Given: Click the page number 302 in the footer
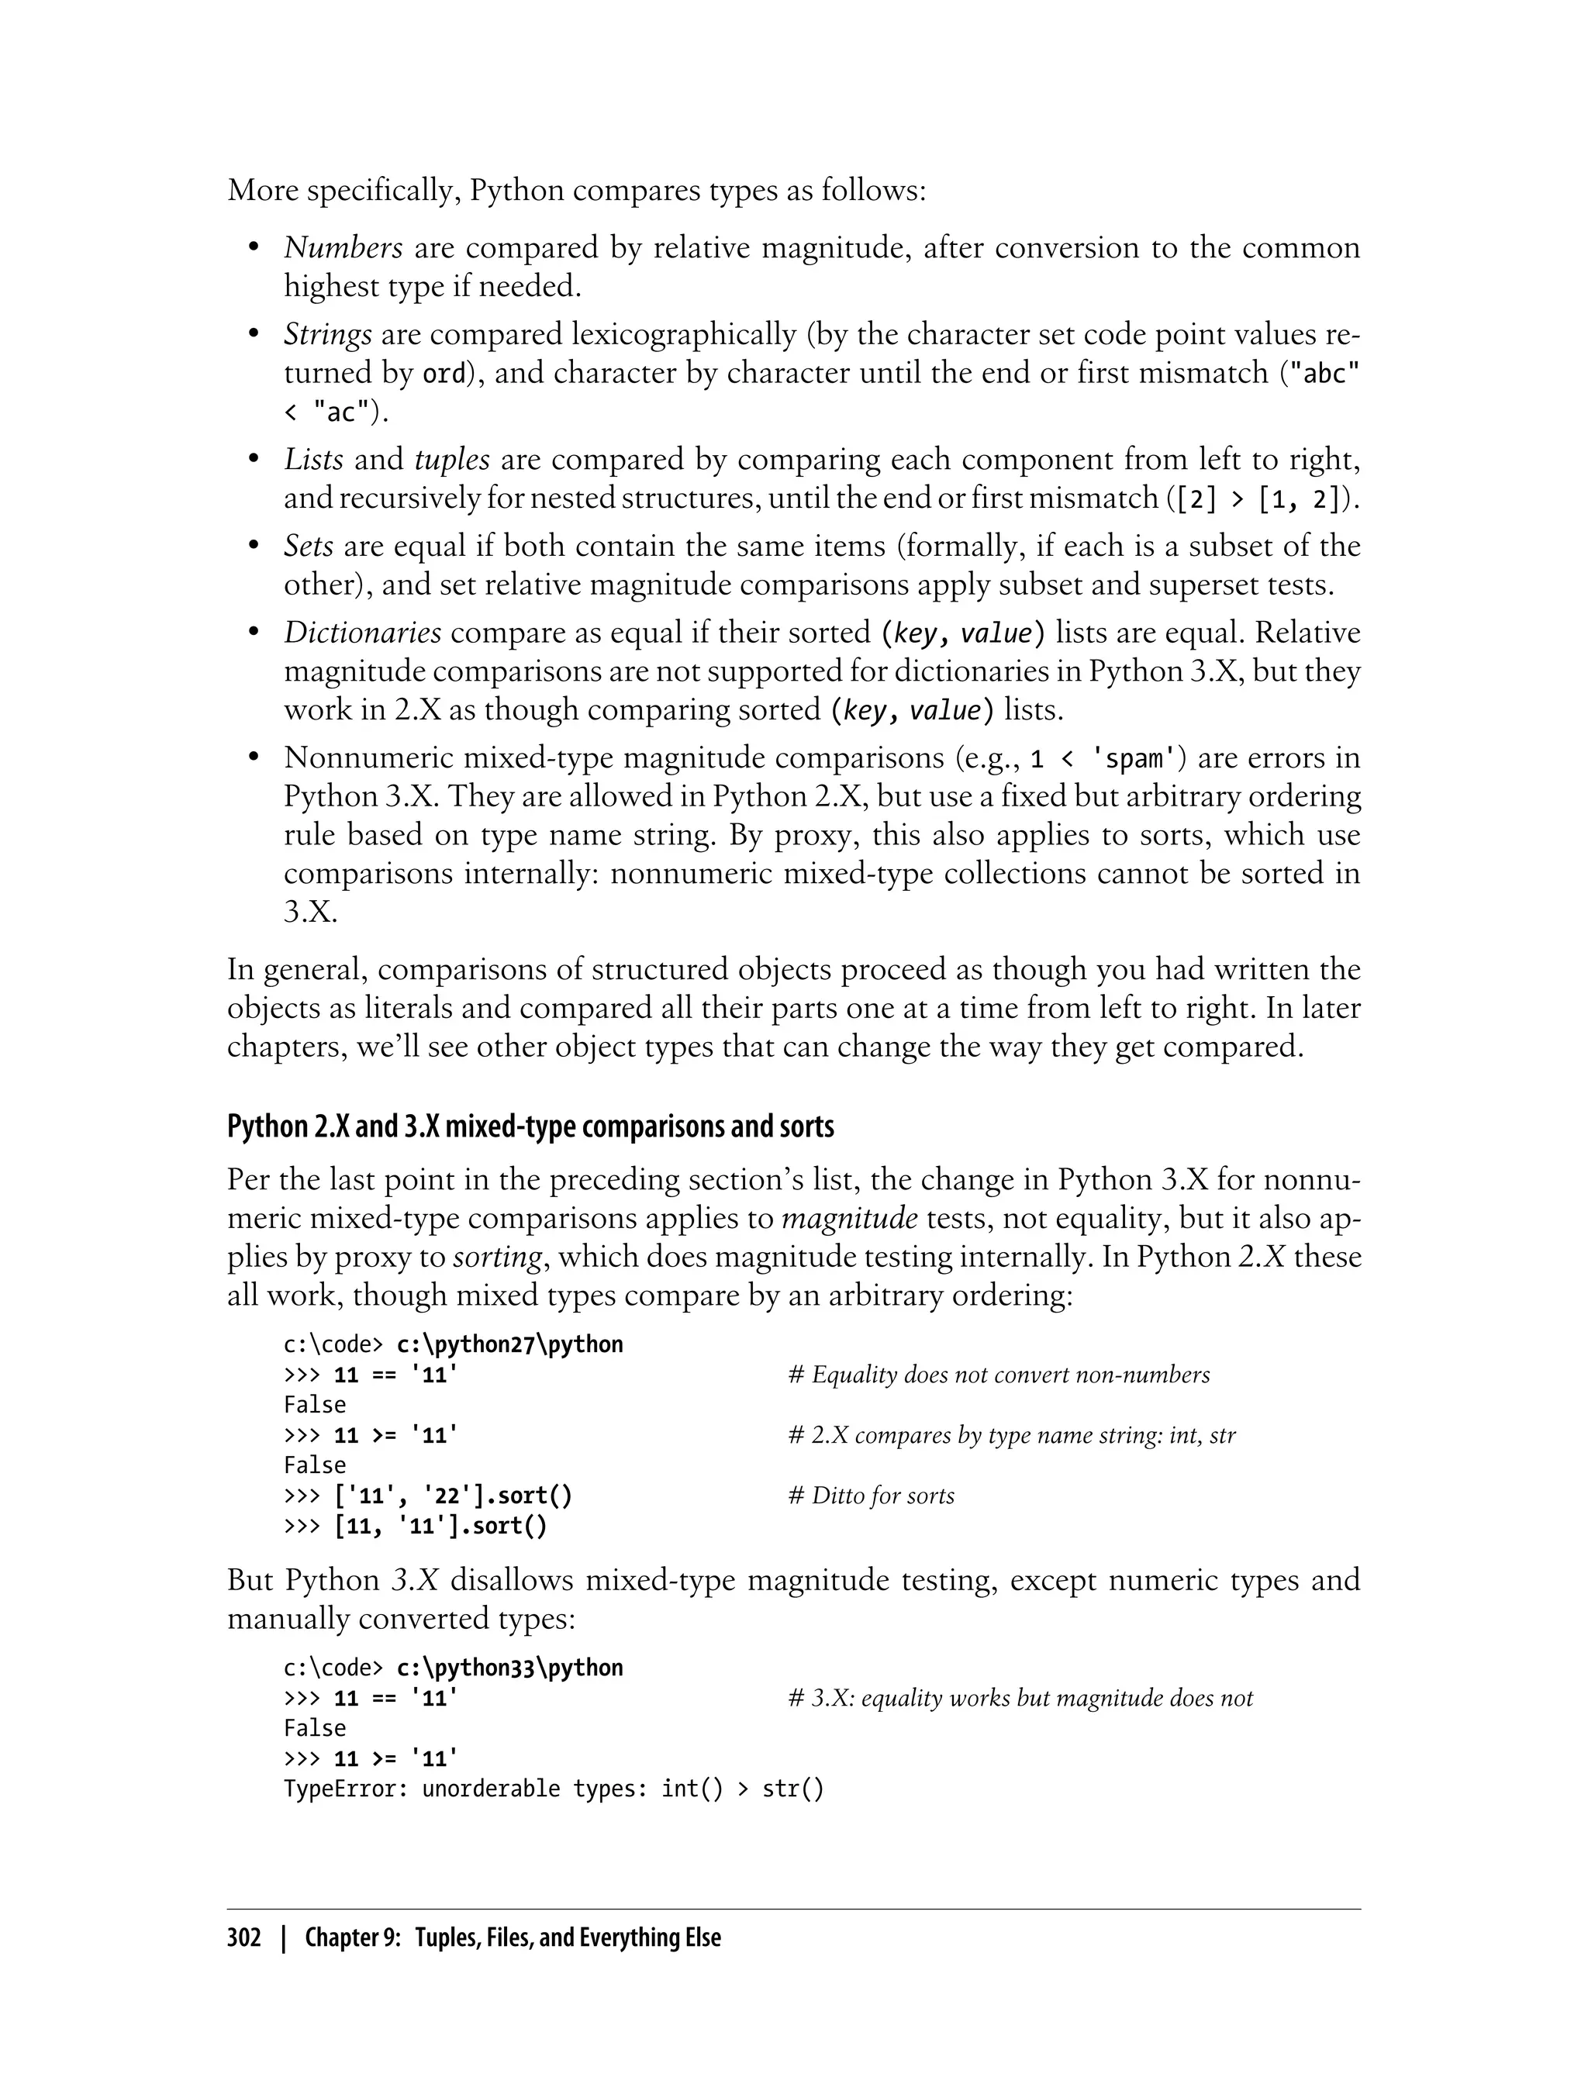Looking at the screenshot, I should [x=244, y=1937].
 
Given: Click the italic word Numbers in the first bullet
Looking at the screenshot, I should [x=343, y=247].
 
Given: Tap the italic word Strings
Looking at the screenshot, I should [x=327, y=335].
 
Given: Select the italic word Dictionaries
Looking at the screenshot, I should [x=362, y=633].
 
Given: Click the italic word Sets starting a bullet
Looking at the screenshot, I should [x=308, y=547].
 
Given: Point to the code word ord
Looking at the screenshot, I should [x=444, y=374].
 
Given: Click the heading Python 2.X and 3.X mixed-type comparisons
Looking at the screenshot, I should [x=530, y=1127].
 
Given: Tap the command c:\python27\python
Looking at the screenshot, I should [x=509, y=1344].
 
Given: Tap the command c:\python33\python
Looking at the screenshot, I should [x=509, y=1667].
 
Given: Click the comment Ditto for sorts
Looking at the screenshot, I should [x=871, y=1496].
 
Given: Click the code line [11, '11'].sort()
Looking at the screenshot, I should [x=440, y=1526].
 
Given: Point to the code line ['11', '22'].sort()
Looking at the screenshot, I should [x=453, y=1496].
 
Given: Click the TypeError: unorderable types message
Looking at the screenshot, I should [x=554, y=1788].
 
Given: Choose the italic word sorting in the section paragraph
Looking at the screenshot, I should [x=497, y=1257].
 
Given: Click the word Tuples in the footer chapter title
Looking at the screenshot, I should [x=446, y=1937].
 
